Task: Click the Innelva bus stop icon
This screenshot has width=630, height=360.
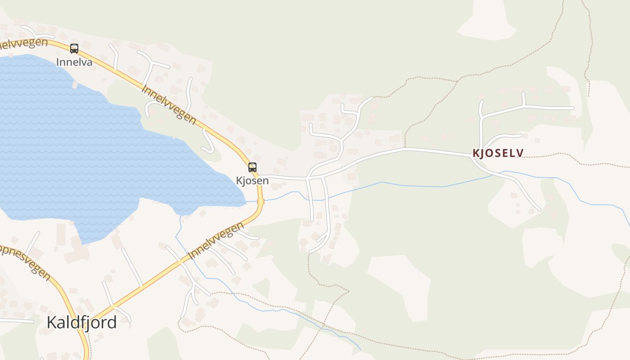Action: point(74,48)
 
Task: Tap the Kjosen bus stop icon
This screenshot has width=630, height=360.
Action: point(252,167)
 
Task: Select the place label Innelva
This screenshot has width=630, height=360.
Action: point(74,62)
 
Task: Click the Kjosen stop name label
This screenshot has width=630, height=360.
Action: point(252,181)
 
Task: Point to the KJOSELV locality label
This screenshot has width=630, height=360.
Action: point(498,153)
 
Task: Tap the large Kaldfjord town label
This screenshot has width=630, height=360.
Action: point(82,322)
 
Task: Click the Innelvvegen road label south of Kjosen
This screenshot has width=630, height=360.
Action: point(216,240)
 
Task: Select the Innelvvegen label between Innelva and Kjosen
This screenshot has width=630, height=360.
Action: point(169,104)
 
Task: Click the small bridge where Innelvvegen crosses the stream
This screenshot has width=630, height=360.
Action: point(261,202)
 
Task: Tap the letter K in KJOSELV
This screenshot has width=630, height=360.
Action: point(476,153)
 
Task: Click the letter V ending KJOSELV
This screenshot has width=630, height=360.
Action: point(520,153)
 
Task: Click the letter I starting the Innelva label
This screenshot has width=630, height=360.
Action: point(58,62)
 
